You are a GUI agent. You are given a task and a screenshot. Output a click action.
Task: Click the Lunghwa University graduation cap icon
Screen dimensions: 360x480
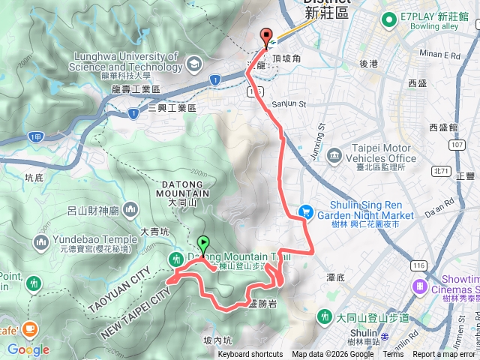tap(195, 62)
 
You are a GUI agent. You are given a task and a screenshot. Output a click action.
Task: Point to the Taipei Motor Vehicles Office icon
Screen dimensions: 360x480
tap(334, 154)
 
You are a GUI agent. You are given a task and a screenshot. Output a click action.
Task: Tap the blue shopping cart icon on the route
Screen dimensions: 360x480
tap(306, 212)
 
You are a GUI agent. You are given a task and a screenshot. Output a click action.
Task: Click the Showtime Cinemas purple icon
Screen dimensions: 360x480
tap(418, 286)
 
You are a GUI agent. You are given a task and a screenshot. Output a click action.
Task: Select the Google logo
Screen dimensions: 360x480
tap(28, 349)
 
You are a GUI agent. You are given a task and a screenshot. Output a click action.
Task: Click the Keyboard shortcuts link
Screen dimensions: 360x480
tap(250, 355)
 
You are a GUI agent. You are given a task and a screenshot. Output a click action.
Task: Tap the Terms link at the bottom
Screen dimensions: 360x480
tap(393, 355)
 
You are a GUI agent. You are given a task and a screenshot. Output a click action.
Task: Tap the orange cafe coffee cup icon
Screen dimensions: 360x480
tap(30, 328)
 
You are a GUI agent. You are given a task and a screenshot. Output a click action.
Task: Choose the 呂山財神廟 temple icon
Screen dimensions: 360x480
tap(130, 208)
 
